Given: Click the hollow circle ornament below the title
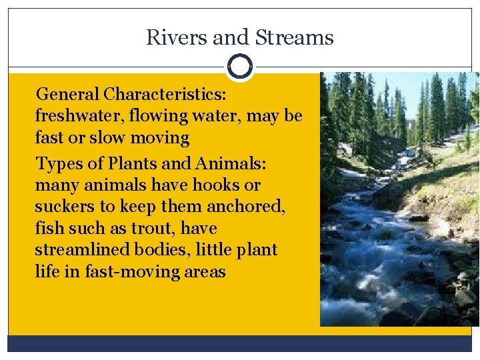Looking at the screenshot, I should tap(239, 67).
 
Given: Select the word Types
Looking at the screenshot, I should tap(57, 163).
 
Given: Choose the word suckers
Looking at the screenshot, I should tap(65, 207).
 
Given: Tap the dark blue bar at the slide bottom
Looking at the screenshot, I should tap(239, 343).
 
